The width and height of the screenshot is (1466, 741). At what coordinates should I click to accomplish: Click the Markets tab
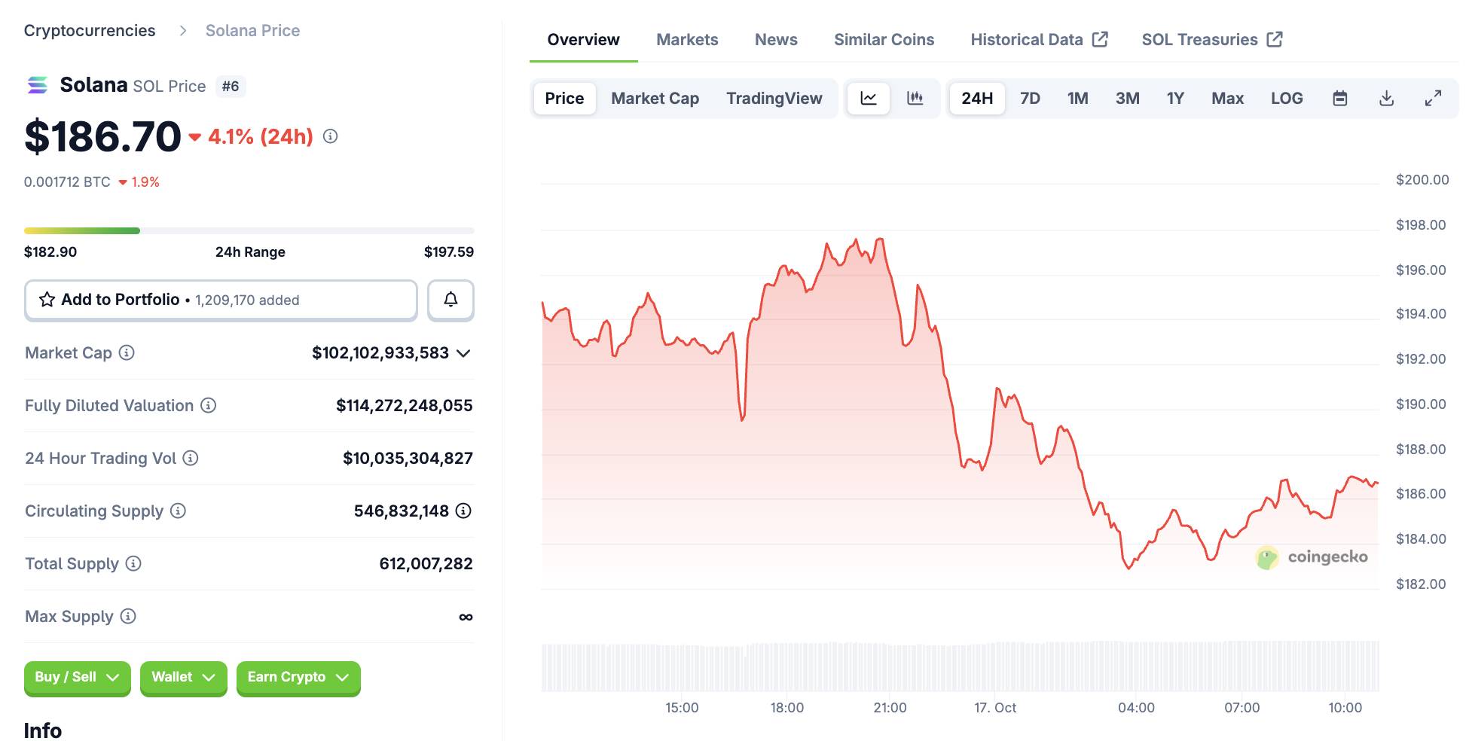(x=687, y=40)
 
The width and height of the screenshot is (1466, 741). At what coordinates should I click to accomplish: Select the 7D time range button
(x=1030, y=99)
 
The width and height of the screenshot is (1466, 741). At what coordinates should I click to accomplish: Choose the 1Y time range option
(x=1174, y=99)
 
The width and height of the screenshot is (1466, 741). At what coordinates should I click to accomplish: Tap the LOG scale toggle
(x=1286, y=99)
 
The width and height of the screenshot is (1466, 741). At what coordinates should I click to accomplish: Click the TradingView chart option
(x=774, y=99)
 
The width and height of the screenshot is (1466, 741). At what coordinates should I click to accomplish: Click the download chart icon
(x=1386, y=99)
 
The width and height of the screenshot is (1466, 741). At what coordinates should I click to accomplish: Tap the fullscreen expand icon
(x=1433, y=99)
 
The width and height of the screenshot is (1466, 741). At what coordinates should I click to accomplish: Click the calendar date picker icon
(x=1339, y=99)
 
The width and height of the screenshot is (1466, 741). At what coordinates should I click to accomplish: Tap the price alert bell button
(x=450, y=300)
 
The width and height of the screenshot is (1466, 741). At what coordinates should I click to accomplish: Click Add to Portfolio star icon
(x=47, y=300)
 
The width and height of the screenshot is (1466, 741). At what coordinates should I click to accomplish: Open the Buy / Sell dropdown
(x=77, y=677)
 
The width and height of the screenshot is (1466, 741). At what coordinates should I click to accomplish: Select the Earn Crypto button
(x=298, y=677)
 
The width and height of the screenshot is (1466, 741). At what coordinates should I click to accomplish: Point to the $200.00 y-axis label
(x=1422, y=180)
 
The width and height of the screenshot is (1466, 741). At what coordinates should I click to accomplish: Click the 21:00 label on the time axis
(x=890, y=708)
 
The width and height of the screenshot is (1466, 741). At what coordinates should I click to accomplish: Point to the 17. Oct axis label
(x=994, y=708)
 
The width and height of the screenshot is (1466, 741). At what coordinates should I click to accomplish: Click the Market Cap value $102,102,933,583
(x=380, y=353)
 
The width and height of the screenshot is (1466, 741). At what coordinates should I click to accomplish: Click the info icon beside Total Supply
(x=133, y=563)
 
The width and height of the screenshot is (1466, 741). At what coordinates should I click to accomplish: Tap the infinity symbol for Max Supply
(x=466, y=617)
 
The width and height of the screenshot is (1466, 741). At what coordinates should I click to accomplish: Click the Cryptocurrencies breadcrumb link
(x=90, y=31)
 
